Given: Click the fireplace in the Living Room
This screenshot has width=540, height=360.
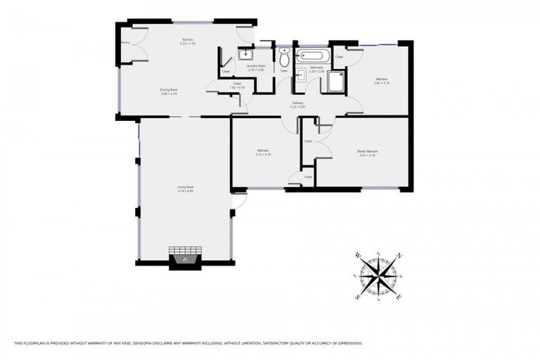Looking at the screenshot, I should pos(184,258).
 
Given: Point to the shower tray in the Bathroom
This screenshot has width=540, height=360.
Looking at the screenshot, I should pos(335,82).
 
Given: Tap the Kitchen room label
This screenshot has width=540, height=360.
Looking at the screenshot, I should pos(188,39).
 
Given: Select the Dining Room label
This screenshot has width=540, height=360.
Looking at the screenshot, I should pos(168,89).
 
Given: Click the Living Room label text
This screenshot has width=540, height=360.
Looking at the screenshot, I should pos(186,187).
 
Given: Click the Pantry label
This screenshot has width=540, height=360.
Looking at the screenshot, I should pos(126,42).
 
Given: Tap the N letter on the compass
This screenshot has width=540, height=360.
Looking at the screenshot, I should pos(399,256).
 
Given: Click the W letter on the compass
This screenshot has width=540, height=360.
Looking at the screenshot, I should pos(358,255).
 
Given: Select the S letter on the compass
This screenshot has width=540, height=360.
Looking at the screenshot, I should pos(357,296).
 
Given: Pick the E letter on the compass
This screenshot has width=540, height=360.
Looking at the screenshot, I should pos(399,297).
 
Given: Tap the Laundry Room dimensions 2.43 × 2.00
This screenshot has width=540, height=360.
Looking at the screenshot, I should pos(256,70).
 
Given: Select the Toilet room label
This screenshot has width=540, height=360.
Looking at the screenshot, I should pos(284,70).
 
